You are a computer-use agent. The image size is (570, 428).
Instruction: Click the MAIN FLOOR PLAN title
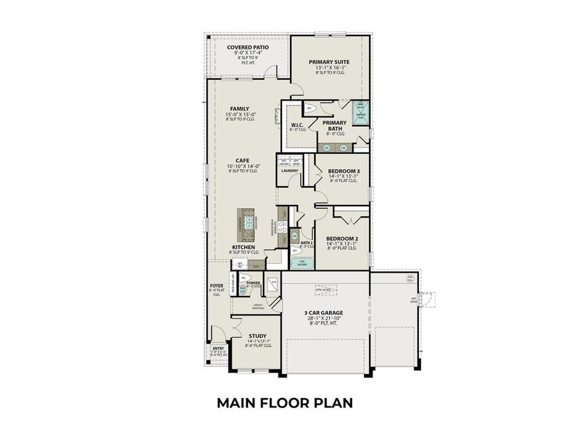click(284, 404)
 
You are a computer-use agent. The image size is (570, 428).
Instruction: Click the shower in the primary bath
click(361, 116)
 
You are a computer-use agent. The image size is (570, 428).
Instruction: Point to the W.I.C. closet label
click(298, 126)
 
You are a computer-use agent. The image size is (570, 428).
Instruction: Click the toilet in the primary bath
click(309, 108)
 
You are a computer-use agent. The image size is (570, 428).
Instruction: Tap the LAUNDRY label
click(289, 170)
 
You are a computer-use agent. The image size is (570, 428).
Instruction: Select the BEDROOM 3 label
click(343, 172)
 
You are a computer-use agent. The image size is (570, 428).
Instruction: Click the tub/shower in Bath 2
click(302, 262)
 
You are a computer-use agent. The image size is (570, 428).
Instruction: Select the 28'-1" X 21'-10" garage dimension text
click(326, 320)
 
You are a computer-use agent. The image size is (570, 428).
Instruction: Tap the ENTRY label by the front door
click(218, 348)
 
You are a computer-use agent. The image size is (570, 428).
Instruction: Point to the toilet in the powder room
click(244, 278)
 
